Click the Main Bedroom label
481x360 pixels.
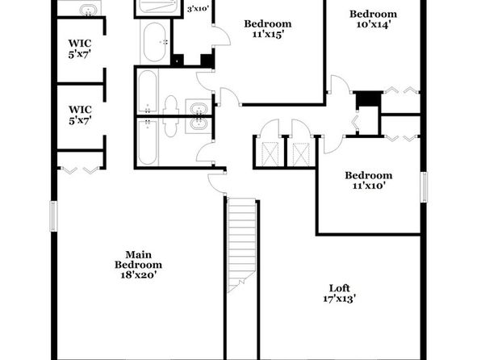click(x=138, y=260)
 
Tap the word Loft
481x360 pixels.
click(x=339, y=288)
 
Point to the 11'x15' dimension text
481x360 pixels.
click(x=267, y=35)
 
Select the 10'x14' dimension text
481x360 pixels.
click(x=373, y=24)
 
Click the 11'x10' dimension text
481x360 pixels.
click(x=368, y=186)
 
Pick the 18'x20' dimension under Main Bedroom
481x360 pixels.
click(x=139, y=274)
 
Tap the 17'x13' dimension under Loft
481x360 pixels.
click(x=339, y=299)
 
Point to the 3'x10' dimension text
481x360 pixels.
click(x=199, y=9)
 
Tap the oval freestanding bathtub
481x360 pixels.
click(x=155, y=42)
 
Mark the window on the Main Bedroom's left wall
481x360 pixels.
click(x=54, y=216)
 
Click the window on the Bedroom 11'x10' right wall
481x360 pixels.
click(x=424, y=187)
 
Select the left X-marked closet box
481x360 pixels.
click(x=270, y=155)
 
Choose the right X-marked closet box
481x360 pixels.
click(x=301, y=155)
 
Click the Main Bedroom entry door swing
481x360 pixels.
click(x=217, y=183)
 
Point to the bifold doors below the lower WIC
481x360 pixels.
click(x=81, y=170)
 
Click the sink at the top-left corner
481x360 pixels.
click(x=88, y=10)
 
